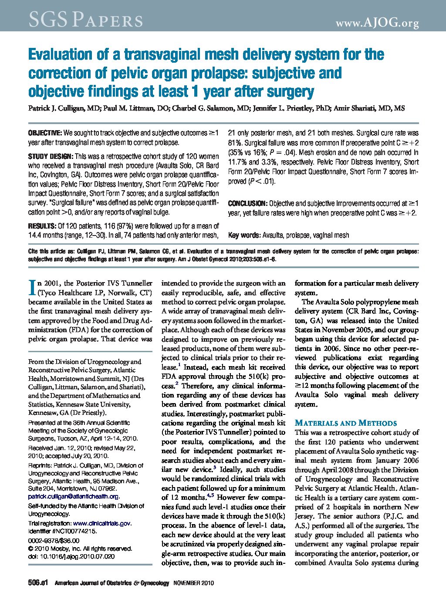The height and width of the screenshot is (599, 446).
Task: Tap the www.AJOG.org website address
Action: (x=377, y=23)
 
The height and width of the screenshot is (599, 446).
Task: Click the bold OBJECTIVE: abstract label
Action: (x=45, y=133)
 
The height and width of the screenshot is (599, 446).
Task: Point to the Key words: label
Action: (x=244, y=235)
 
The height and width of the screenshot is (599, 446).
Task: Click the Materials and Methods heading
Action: (x=346, y=423)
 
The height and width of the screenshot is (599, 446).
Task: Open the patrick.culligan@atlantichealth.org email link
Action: (x=73, y=496)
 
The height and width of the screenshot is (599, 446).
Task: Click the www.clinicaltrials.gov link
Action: (x=102, y=523)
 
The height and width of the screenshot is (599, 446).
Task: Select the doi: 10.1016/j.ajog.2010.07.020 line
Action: (x=71, y=556)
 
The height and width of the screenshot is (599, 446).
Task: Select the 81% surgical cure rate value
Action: (x=234, y=143)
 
